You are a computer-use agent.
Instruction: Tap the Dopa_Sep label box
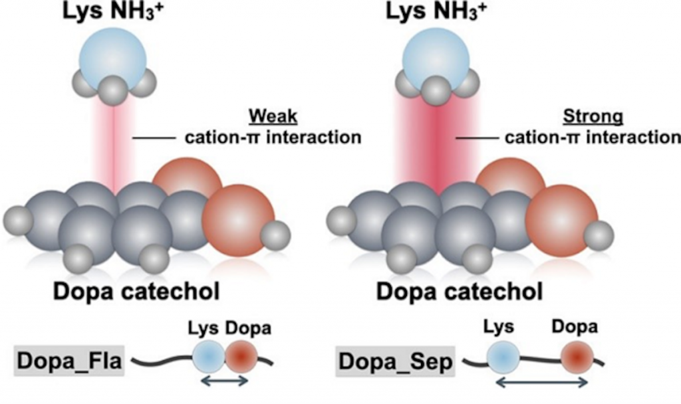point(393,361)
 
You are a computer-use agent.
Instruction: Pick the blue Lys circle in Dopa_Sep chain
point(503,357)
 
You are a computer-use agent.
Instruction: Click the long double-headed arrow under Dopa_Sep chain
point(541,382)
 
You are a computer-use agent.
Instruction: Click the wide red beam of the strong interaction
point(438,143)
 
